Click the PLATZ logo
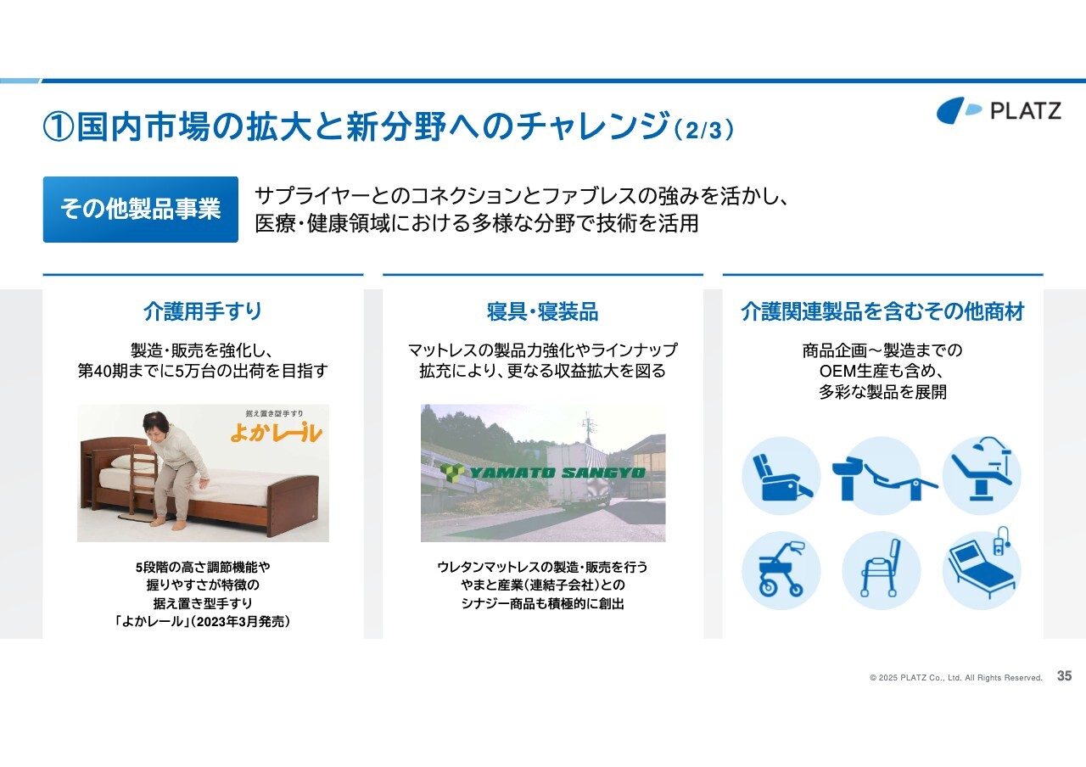pyautogui.click(x=999, y=110)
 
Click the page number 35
pyautogui.click(x=1064, y=676)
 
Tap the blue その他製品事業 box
pyautogui.click(x=141, y=210)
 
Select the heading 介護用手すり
pyautogui.click(x=203, y=311)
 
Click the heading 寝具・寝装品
pyautogui.click(x=542, y=311)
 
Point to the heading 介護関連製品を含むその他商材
pyautogui.click(x=882, y=311)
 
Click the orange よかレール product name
pyautogui.click(x=277, y=433)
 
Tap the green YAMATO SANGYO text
pyautogui.click(x=557, y=473)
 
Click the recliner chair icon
pyautogui.click(x=781, y=476)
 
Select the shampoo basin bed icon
pyautogui.click(x=882, y=476)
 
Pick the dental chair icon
pyautogui.click(x=982, y=476)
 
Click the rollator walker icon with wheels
pyautogui.click(x=781, y=571)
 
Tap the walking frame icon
pyautogui.click(x=882, y=571)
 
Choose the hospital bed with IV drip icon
pyautogui.click(x=982, y=568)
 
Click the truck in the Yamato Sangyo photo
pyautogui.click(x=578, y=476)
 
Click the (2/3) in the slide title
pyautogui.click(x=704, y=130)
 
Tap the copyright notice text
pyautogui.click(x=955, y=678)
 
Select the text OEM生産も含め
pyautogui.click(x=882, y=371)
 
